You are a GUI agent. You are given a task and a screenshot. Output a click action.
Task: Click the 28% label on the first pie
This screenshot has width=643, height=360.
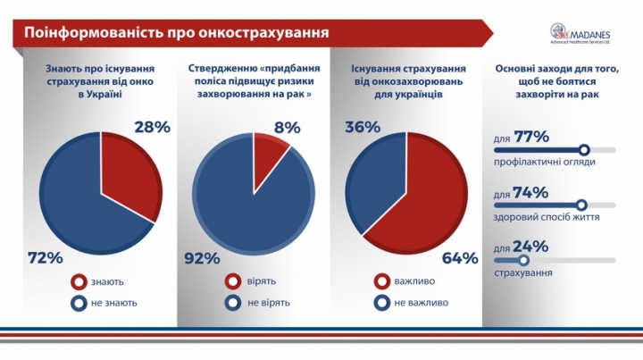(x=152, y=127)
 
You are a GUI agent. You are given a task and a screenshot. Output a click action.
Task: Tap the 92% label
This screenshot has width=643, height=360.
(x=202, y=258)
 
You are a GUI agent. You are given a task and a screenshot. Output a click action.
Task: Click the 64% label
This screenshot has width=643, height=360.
(x=459, y=258)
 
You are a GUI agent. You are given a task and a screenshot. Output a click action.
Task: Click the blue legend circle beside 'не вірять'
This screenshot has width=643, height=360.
(x=232, y=303)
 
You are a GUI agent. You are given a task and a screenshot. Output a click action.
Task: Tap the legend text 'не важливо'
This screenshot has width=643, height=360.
(x=421, y=303)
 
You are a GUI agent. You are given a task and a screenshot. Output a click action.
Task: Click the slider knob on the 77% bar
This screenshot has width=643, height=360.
(x=585, y=150)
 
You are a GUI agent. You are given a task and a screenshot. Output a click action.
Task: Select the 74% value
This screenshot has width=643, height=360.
(x=530, y=192)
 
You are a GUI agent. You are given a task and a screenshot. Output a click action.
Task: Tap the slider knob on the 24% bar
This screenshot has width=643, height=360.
(x=522, y=260)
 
